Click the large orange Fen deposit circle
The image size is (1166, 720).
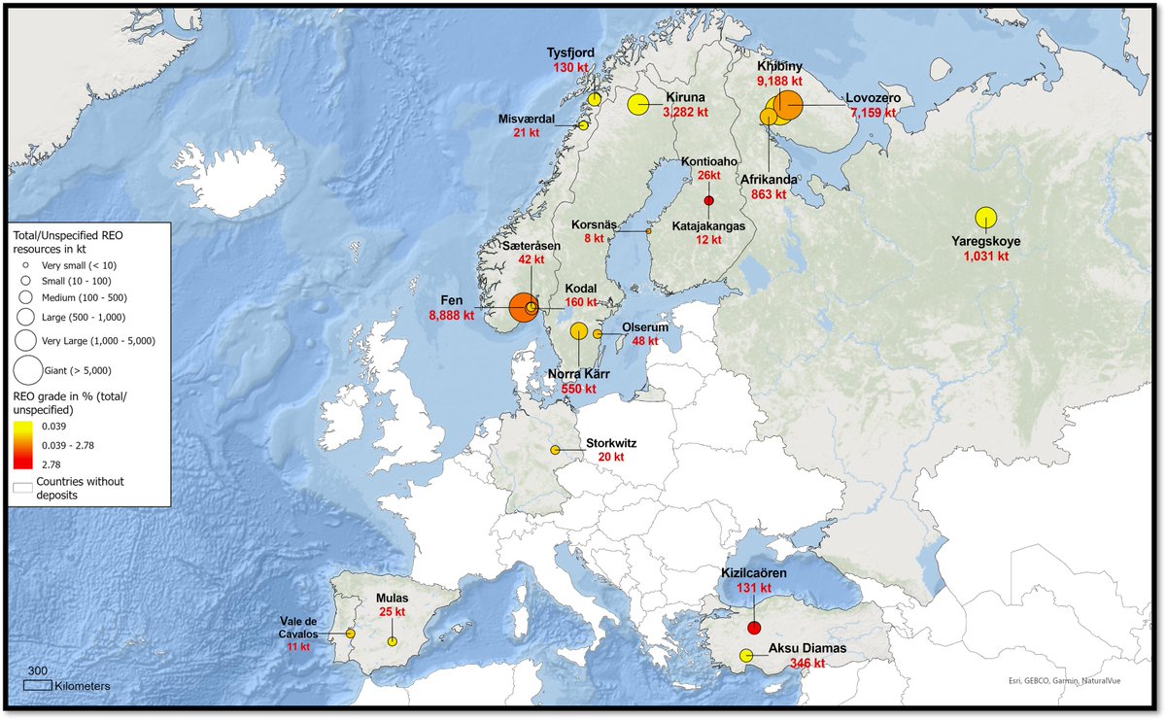(522, 307)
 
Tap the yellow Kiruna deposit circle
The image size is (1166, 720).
(638, 105)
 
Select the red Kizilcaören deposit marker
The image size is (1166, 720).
(753, 627)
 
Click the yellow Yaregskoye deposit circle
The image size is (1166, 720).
(986, 218)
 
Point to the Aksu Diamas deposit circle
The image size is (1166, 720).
(746, 656)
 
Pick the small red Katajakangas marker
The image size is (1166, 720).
(709, 200)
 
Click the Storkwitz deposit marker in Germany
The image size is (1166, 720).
(554, 450)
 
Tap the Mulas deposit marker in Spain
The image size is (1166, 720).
(392, 641)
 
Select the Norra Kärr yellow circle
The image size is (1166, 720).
(579, 331)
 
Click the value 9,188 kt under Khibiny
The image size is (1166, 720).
(779, 82)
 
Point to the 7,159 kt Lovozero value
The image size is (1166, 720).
(871, 113)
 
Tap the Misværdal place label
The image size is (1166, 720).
(526, 119)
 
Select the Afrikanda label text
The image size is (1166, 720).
(769, 180)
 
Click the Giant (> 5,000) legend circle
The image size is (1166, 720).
(28, 369)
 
